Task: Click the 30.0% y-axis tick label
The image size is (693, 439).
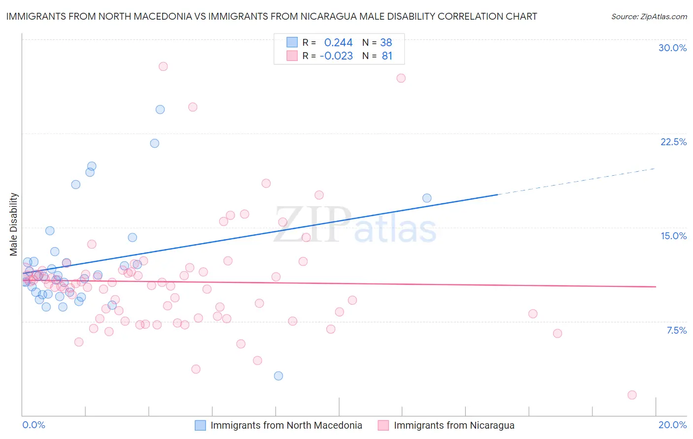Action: (x=672, y=48)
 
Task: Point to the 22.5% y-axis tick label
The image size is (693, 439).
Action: (x=673, y=142)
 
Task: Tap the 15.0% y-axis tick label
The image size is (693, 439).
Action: (x=673, y=236)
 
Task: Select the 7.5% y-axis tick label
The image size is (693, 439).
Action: (x=676, y=330)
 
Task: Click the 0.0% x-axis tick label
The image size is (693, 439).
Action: (x=34, y=425)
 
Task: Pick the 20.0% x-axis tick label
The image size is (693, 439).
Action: (x=672, y=425)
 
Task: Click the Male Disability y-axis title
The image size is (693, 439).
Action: (x=14, y=224)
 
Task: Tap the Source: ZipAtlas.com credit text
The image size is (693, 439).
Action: (x=649, y=17)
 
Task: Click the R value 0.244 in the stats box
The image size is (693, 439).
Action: (x=338, y=43)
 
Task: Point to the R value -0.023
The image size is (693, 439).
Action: (x=336, y=56)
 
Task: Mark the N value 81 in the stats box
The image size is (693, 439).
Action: (x=387, y=56)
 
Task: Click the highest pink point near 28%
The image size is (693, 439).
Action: (x=163, y=66)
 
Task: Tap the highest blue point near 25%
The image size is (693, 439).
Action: (x=160, y=109)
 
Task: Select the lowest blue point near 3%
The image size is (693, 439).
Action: (x=278, y=376)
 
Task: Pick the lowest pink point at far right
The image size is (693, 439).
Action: (x=632, y=395)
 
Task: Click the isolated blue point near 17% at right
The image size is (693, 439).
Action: (x=427, y=198)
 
